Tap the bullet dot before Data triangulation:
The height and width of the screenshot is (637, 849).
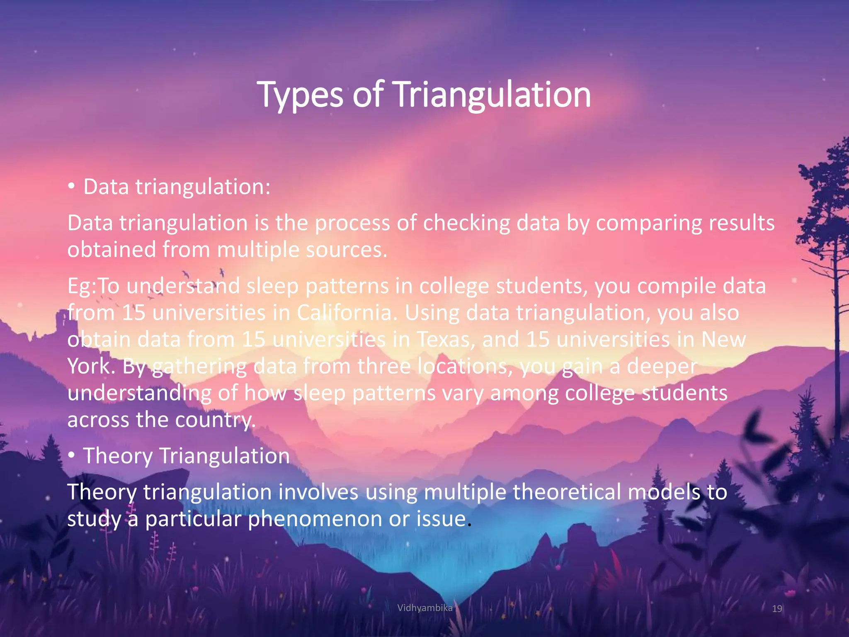pos(72,187)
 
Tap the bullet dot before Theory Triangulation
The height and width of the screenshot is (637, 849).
pos(72,456)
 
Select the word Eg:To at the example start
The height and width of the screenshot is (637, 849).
pos(93,286)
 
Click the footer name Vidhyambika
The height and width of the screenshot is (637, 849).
pos(424,608)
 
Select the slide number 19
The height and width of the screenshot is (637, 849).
pos(777,609)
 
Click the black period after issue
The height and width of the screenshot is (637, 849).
pos(469,525)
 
